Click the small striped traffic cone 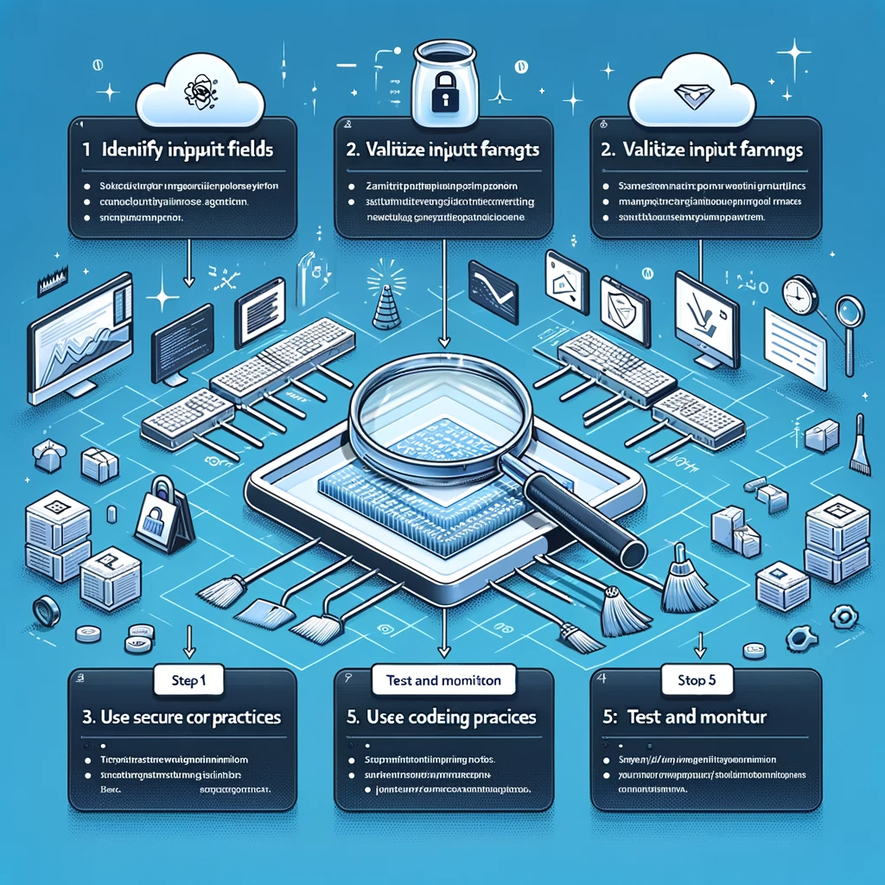click(385, 302)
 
